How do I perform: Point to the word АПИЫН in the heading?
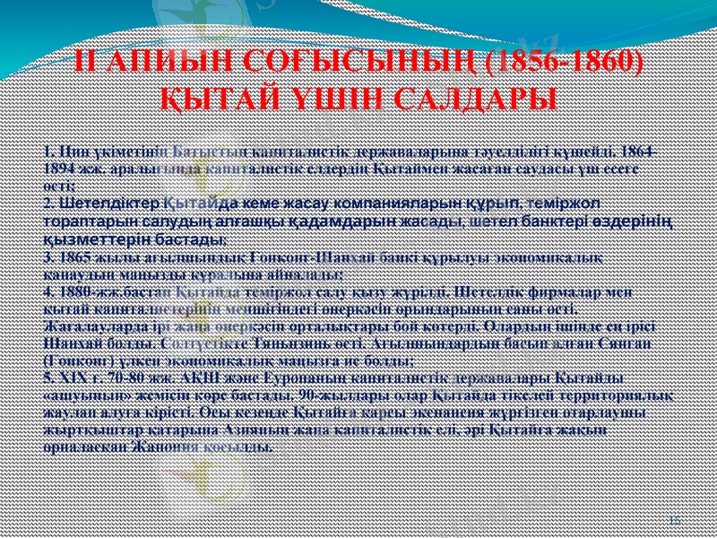click(167, 62)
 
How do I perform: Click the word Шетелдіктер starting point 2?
click(99, 204)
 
